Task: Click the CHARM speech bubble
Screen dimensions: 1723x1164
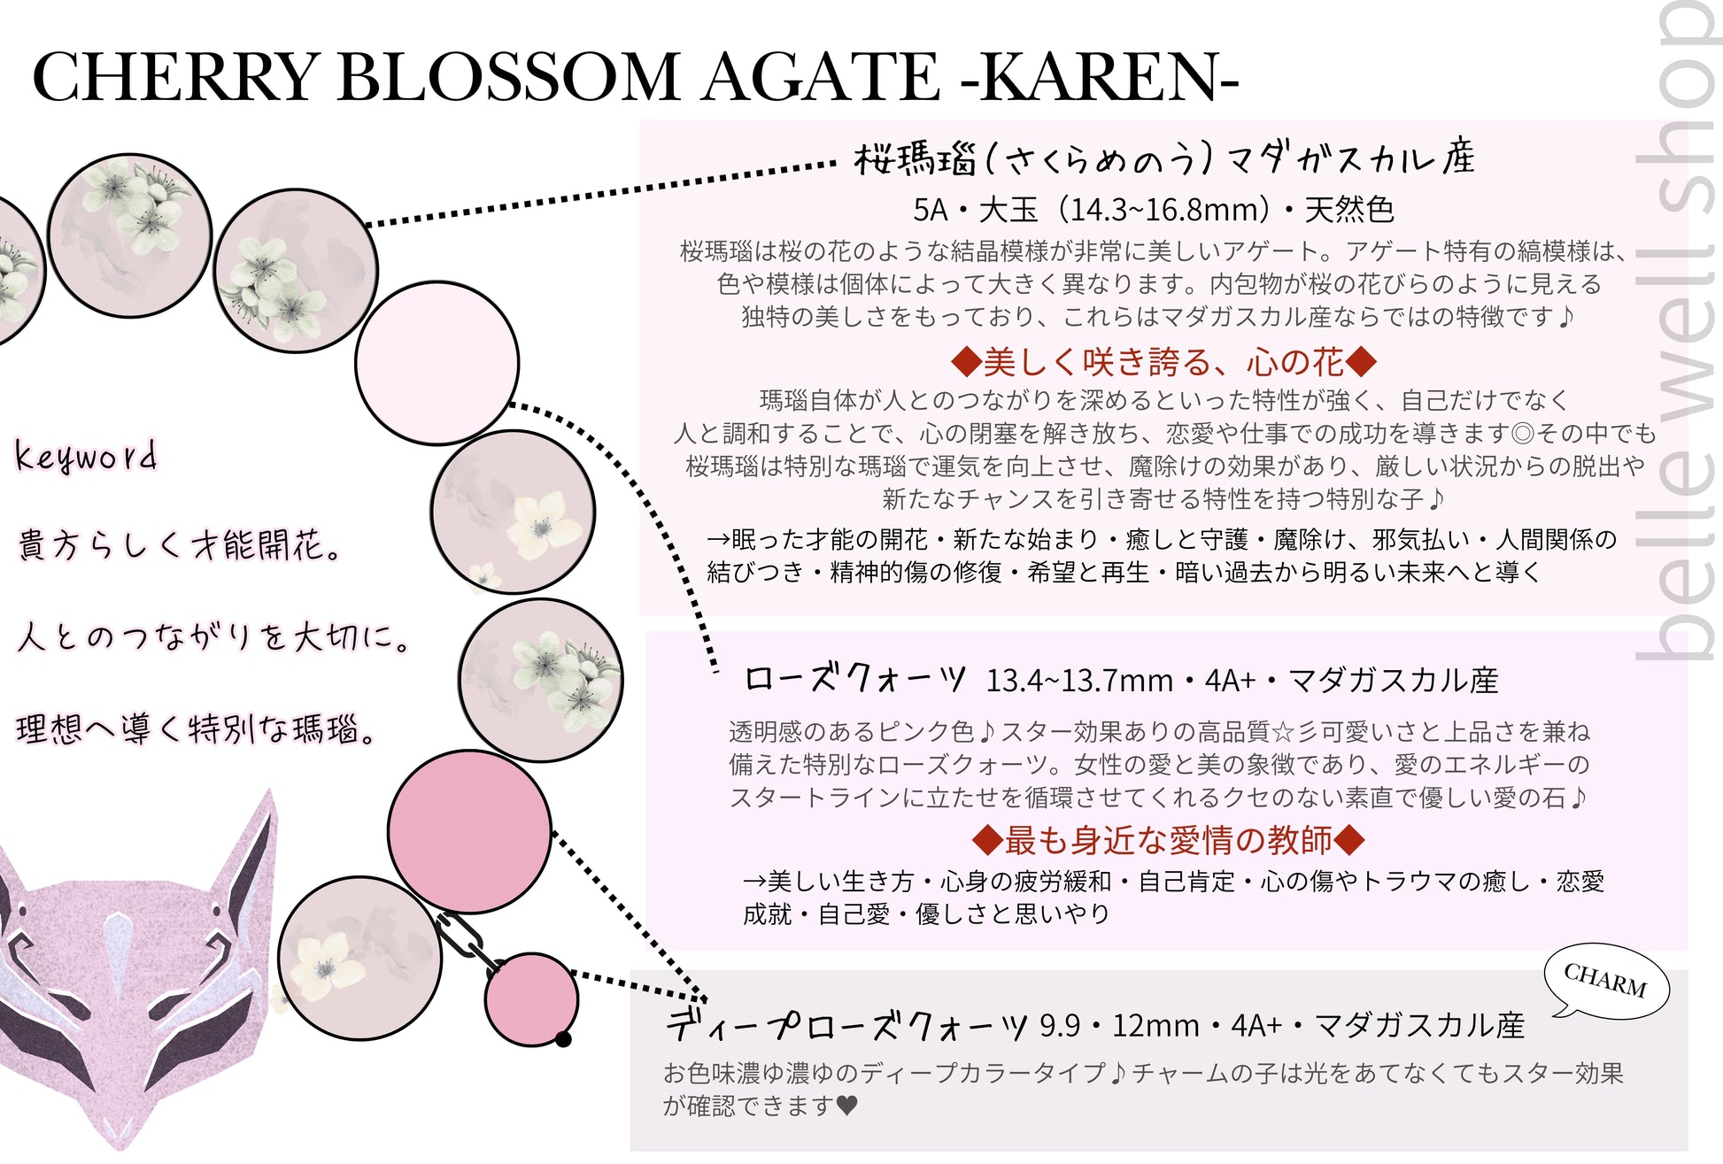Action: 1605,980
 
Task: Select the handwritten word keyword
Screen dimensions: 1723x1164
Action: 86,457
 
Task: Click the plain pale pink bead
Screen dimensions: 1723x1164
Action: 437,363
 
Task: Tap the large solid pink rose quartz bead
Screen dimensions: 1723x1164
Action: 469,831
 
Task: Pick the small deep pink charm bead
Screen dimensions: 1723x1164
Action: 531,998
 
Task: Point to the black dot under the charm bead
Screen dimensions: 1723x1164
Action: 563,1039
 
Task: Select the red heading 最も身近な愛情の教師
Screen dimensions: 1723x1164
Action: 1168,839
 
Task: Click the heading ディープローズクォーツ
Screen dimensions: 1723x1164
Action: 846,1024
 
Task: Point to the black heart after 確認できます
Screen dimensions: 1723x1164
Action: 846,1105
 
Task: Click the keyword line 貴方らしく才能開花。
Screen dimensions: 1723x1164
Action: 180,544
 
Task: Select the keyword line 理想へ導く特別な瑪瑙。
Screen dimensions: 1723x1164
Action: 197,728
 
